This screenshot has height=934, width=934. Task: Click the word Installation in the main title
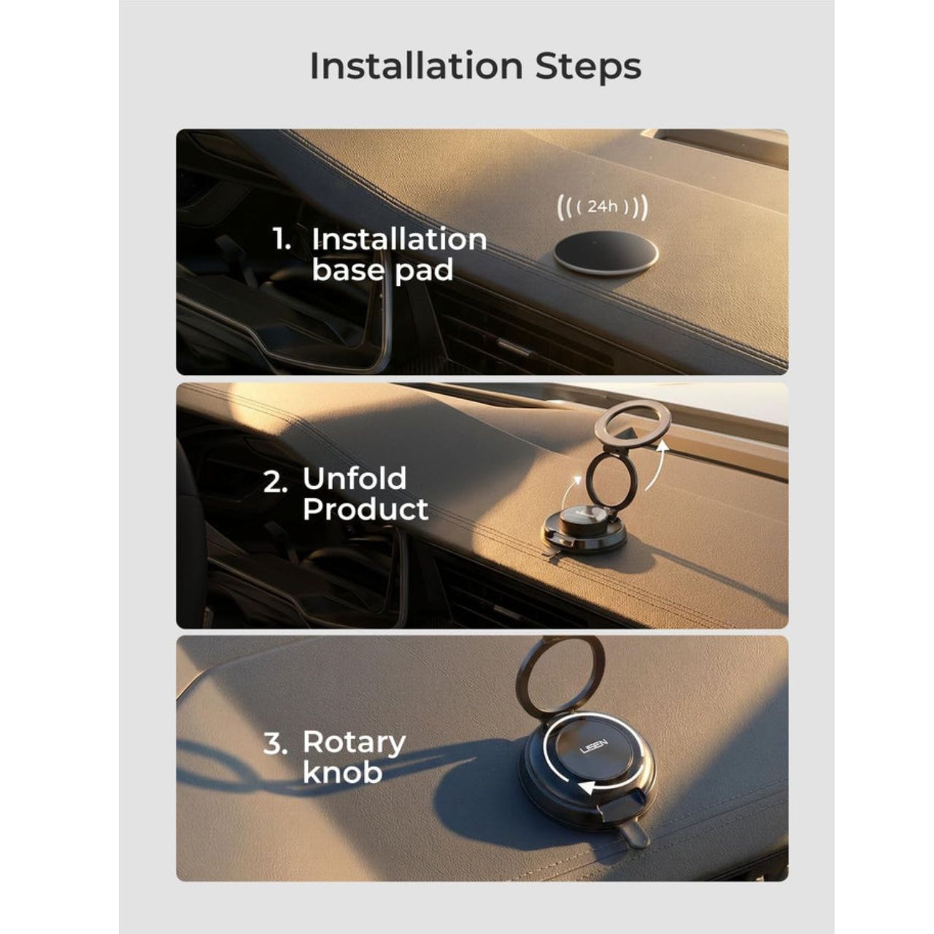pyautogui.click(x=417, y=66)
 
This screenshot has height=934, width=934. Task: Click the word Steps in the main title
pyautogui.click(x=588, y=68)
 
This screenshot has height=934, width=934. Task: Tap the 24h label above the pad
pyautogui.click(x=603, y=207)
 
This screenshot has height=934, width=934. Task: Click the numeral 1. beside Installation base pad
pyautogui.click(x=282, y=239)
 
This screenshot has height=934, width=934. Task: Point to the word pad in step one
pyautogui.click(x=424, y=271)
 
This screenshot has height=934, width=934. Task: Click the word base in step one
pyautogui.click(x=348, y=269)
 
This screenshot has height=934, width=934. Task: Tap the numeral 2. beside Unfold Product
pyautogui.click(x=275, y=483)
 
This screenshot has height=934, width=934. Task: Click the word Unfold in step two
pyautogui.click(x=355, y=479)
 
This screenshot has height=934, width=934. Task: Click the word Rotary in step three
pyautogui.click(x=355, y=743)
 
